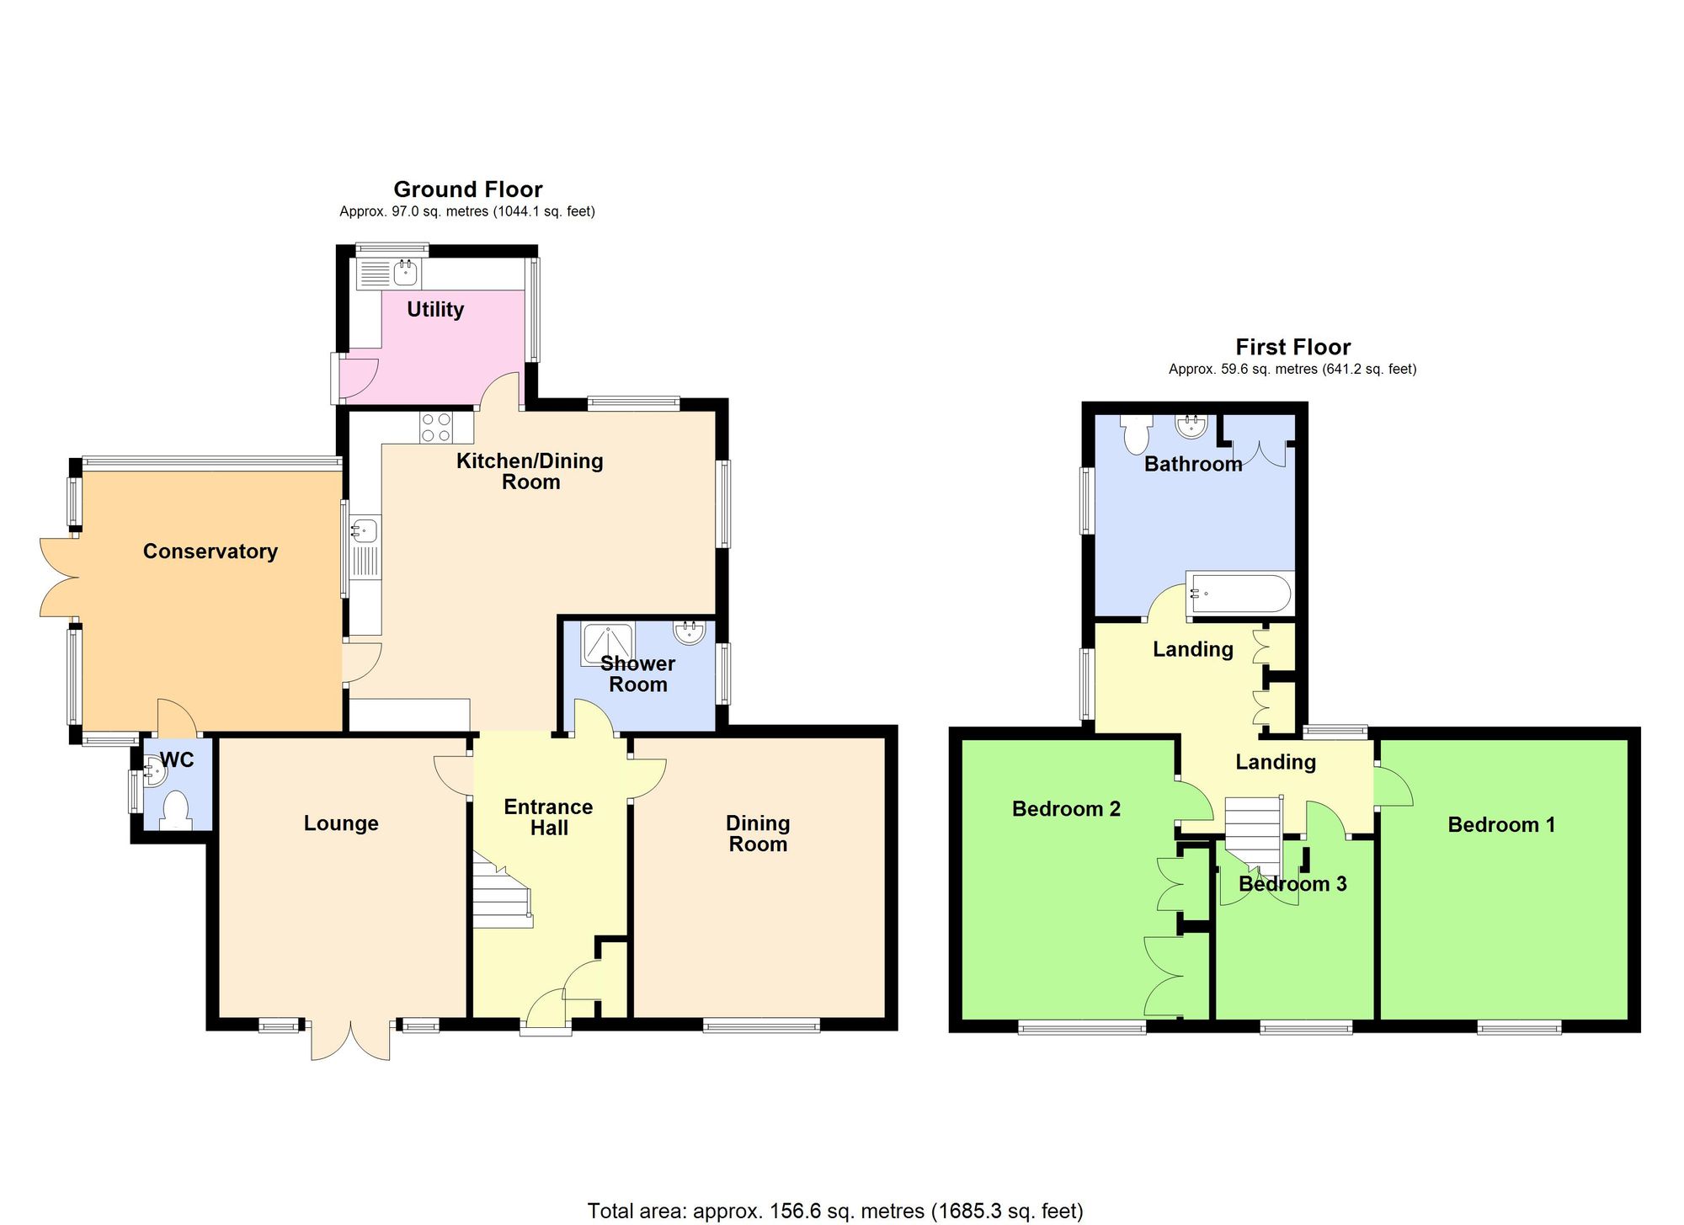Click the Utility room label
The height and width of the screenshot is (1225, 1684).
[435, 310]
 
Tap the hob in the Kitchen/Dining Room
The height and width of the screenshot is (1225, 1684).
[436, 428]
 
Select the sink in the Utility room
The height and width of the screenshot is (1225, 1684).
[405, 273]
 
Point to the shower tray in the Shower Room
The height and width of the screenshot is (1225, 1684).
[607, 644]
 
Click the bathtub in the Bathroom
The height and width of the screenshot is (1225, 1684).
[1238, 594]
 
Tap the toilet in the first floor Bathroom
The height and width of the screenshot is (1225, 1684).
[1137, 434]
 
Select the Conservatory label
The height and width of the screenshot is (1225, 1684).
[210, 551]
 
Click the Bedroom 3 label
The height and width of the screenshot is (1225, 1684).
[1292, 884]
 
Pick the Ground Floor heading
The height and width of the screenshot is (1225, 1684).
[468, 189]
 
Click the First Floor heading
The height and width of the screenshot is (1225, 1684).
[1292, 347]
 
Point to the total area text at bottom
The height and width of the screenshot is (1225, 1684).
[835, 1211]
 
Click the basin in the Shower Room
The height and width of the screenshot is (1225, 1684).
[689, 631]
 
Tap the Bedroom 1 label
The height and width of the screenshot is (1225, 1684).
[1501, 825]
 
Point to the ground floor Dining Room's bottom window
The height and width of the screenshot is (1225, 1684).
[760, 1025]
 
